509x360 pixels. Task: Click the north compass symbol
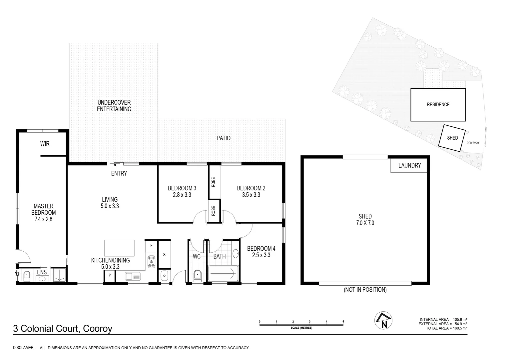point(383,321)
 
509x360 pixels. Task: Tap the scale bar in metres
point(301,323)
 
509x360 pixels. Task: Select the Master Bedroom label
point(43,213)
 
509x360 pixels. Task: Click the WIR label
point(45,144)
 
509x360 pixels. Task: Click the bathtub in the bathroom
point(223,274)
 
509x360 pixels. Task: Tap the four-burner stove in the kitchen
point(152,261)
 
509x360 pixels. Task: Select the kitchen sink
point(133,276)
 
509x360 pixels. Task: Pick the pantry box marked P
point(110,276)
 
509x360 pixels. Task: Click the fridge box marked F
point(151,246)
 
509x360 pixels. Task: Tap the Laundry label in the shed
point(409,165)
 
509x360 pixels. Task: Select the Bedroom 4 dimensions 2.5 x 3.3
point(261,255)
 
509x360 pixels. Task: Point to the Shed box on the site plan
point(452,138)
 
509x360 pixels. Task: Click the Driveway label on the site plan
point(473,143)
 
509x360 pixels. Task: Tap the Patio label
point(224,138)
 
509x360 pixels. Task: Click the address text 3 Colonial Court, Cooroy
point(63,329)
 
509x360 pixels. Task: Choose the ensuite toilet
point(27,275)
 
